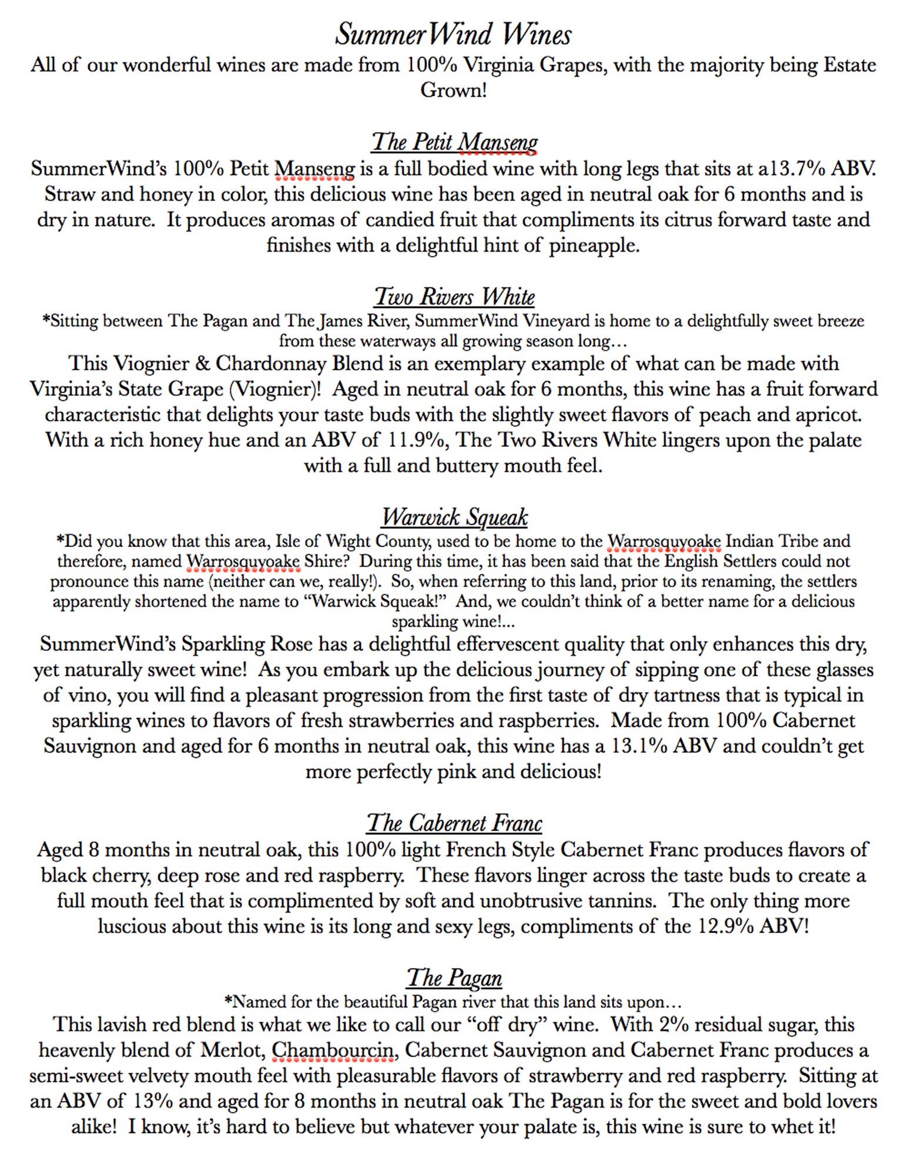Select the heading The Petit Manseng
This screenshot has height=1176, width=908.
pos(454,142)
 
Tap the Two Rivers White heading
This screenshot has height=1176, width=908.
pos(454,297)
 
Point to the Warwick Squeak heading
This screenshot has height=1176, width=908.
pos(454,517)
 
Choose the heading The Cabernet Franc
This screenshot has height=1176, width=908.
pos(454,823)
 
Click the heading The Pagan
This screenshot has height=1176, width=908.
pos(454,978)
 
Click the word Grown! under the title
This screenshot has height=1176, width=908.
pos(453,91)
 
